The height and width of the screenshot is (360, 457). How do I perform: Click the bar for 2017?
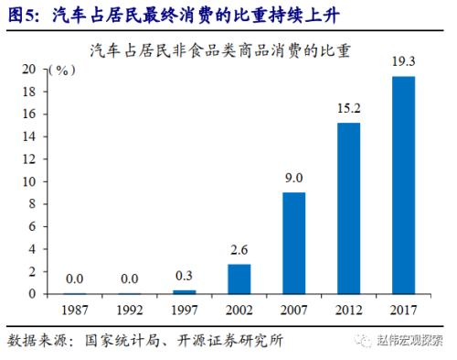pyautogui.click(x=403, y=185)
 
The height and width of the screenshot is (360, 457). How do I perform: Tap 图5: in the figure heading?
pyautogui.click(x=24, y=13)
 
